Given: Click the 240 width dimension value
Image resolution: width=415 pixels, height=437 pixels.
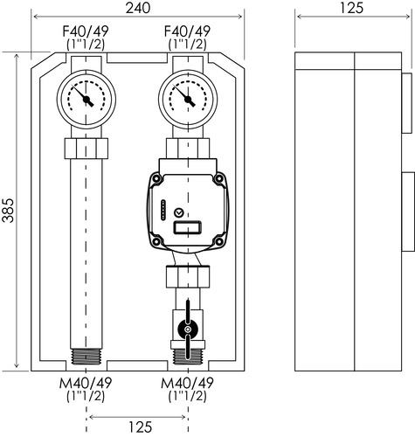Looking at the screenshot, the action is click(138, 8).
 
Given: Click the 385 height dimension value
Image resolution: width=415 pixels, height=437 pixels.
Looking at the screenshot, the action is click(8, 211).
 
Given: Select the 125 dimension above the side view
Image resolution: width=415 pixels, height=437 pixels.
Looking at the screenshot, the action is click(352, 8).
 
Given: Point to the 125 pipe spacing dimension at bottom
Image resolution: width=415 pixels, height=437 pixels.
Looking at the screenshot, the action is click(141, 427).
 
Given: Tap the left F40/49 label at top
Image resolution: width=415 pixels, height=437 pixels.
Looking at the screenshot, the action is click(86, 31).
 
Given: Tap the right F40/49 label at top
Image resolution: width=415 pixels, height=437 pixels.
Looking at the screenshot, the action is click(187, 31).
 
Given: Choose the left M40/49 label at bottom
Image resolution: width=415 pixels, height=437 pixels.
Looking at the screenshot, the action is click(86, 383).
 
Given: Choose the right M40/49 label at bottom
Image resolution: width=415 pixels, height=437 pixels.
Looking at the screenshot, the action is click(187, 383).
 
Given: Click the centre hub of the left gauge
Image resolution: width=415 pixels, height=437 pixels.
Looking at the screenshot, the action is click(86, 100).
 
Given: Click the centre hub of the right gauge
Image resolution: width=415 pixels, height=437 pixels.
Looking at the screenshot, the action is click(188, 100).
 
